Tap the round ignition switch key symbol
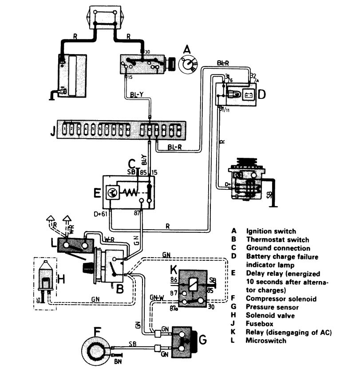[x=189, y=66]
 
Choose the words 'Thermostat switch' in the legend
[x=271, y=240]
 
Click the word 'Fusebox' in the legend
[x=258, y=325]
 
